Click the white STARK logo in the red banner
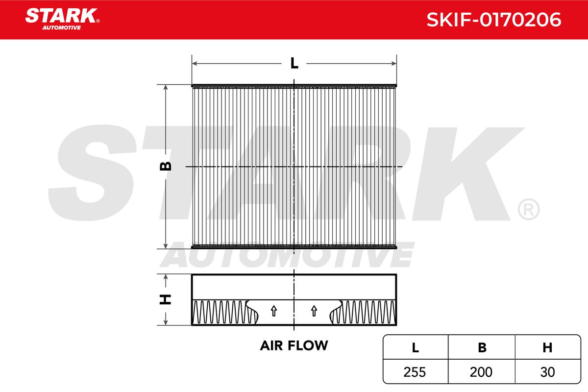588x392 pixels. tap(61, 16)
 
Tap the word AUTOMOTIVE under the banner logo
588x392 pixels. tap(62, 27)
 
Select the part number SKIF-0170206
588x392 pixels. tap(494, 20)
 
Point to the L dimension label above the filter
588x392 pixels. tap(294, 63)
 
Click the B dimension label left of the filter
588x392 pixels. tap(166, 166)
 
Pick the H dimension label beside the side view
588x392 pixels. tap(166, 299)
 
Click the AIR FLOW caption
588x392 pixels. tap(294, 345)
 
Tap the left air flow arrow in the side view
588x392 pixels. tap(274, 311)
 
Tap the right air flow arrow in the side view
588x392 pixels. tap(314, 311)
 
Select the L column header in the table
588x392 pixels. tap(416, 347)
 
